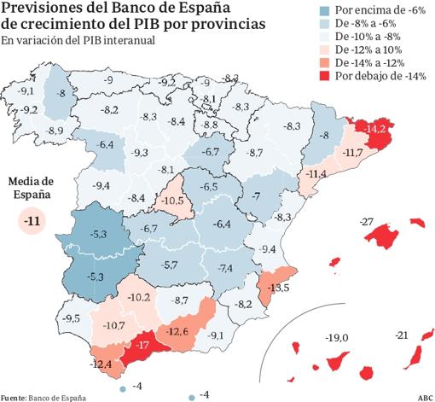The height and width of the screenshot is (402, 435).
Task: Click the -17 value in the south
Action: coord(141,347)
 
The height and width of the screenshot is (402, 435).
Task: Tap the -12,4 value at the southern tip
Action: coord(99,364)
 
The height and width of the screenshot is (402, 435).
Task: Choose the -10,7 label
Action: coord(114,325)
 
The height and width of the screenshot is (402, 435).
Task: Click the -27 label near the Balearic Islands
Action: coord(368,223)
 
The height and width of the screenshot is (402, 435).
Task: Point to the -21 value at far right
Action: coord(403,337)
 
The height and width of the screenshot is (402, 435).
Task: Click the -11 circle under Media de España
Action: coord(33,223)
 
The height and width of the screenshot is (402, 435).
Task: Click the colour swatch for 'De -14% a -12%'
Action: coord(328,61)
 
